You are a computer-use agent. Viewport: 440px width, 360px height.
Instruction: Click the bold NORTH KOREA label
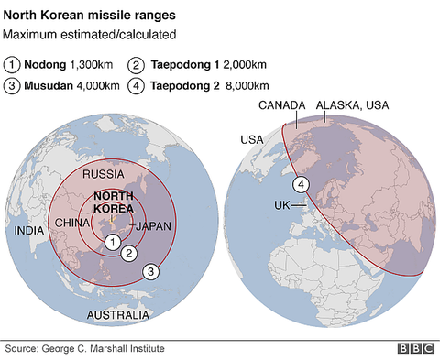coord(115,202)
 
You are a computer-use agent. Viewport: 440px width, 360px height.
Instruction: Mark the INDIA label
coord(29,231)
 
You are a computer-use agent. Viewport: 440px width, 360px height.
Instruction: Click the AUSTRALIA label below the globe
coord(117,315)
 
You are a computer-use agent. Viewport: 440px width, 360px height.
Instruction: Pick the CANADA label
coord(282,106)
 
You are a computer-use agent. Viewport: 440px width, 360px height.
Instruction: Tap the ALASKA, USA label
coord(352,106)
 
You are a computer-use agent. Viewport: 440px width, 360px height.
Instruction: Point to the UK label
coord(281,205)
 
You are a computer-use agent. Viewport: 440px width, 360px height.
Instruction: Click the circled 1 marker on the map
coord(112,242)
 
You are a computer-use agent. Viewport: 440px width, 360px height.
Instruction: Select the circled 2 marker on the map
coord(130,254)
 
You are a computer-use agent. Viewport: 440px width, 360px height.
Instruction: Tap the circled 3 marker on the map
coord(151,271)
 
